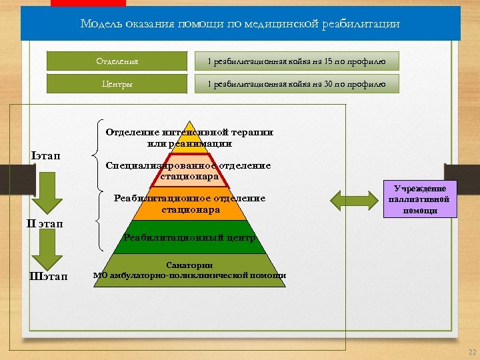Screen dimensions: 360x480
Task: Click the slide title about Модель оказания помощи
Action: tap(240, 24)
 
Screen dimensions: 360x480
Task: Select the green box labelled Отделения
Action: tap(117, 61)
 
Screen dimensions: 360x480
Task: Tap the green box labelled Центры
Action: tap(117, 84)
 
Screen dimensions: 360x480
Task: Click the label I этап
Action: tap(45, 155)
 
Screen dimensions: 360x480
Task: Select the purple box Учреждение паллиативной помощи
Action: tap(419, 199)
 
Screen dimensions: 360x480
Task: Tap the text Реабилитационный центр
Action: tap(189, 238)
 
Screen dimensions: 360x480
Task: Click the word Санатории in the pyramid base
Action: tap(189, 265)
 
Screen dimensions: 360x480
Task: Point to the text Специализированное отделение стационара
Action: tap(189, 171)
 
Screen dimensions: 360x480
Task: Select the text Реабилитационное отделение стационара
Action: tap(189, 204)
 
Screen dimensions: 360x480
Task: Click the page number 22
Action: tap(472, 352)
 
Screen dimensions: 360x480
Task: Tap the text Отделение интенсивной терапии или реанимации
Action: tap(189, 137)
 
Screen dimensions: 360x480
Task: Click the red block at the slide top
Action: tap(79, 3)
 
